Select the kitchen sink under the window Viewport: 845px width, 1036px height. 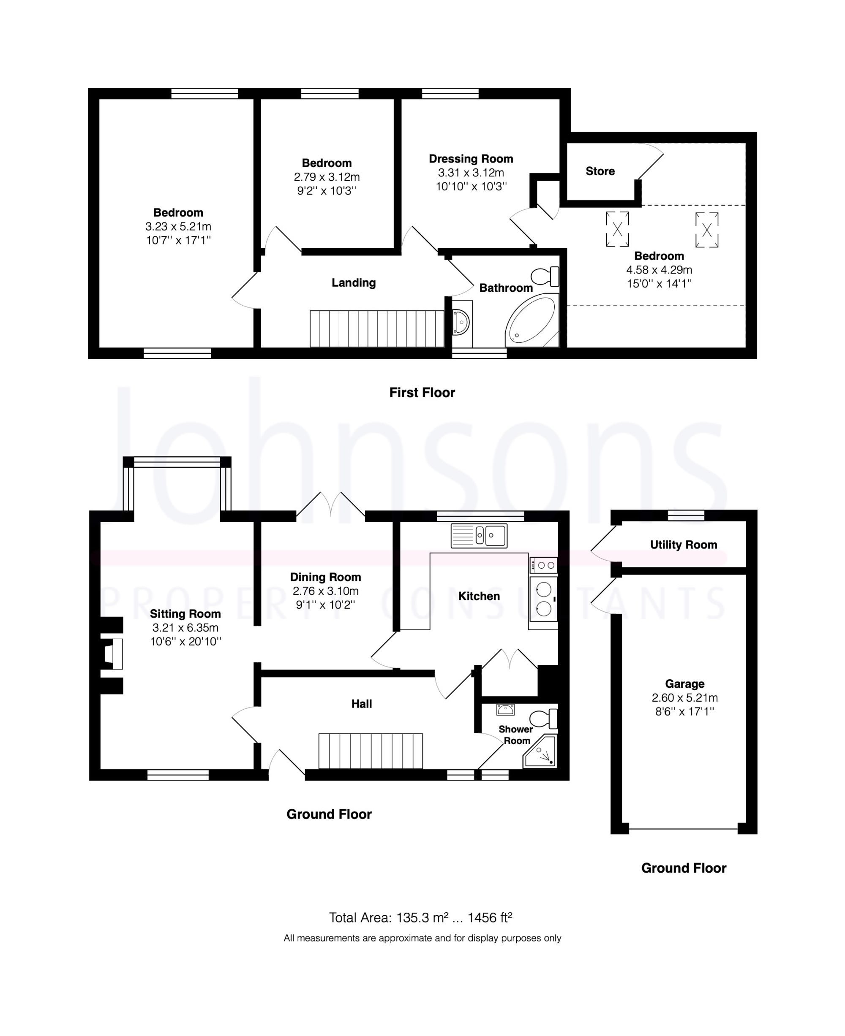click(x=479, y=535)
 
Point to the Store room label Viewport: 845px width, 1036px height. click(x=600, y=171)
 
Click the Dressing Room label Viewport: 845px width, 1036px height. click(x=471, y=159)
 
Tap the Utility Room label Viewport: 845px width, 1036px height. click(x=684, y=545)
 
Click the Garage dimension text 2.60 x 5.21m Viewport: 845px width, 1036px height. click(x=685, y=697)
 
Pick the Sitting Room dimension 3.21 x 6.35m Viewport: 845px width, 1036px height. click(x=185, y=627)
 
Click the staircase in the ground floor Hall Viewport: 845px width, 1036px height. click(x=371, y=751)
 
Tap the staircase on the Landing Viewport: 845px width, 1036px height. click(x=377, y=329)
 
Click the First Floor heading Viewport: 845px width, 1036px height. click(x=422, y=393)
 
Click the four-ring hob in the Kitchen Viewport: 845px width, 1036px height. click(x=544, y=565)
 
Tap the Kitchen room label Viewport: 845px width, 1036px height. click(x=479, y=596)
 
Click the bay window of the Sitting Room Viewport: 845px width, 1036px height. click(x=177, y=483)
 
